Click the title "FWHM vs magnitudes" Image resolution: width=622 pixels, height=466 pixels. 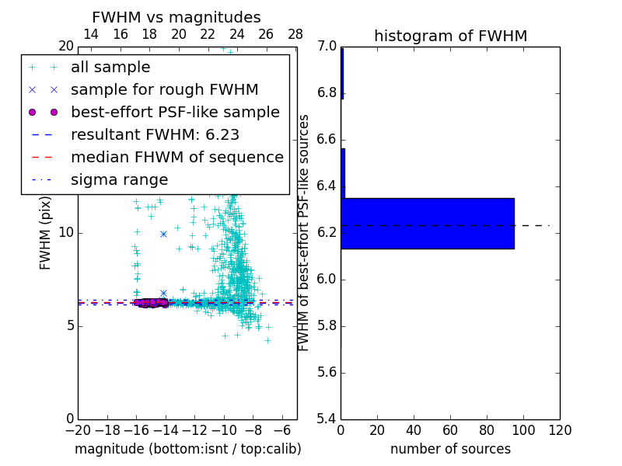coord(176,17)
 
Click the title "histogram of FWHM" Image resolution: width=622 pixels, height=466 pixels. coord(450,36)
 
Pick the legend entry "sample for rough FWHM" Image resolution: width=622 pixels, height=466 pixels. coord(164,90)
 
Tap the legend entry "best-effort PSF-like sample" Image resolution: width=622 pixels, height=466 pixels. coord(175,113)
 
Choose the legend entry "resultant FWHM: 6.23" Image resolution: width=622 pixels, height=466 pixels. coord(155,135)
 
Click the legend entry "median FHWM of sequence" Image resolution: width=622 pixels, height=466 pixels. coord(176,158)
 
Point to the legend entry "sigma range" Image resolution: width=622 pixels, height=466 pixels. coord(119,180)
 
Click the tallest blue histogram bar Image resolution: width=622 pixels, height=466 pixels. coord(427,223)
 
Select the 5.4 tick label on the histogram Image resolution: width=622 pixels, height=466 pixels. coord(327,419)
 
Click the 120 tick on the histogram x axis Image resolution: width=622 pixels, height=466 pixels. coord(560,429)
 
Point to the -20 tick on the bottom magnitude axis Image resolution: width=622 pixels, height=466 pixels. coord(78,429)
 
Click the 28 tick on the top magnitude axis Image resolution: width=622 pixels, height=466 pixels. coord(295,34)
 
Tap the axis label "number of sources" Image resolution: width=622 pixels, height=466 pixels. coord(450,449)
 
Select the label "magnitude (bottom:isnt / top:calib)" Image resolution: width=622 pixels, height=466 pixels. coord(187,449)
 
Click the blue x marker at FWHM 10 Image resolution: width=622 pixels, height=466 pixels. coord(163,233)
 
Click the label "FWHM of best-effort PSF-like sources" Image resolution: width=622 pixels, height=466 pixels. coord(304,232)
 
